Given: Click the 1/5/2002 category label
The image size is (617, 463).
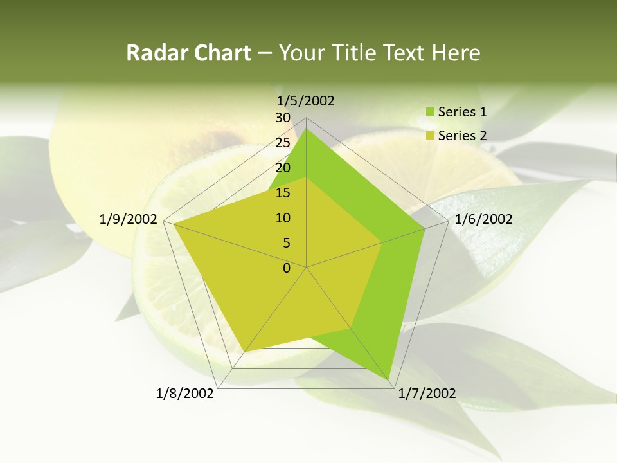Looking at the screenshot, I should tap(306, 101).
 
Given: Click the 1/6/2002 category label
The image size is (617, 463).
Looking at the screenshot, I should tap(483, 219).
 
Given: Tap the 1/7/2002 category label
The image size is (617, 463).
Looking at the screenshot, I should tap(427, 394).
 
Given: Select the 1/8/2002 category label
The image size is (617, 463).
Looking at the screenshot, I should tap(185, 394).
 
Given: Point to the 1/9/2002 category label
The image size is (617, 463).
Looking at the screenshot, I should tap(129, 219).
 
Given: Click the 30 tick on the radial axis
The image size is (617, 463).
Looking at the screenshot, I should tap(283, 118).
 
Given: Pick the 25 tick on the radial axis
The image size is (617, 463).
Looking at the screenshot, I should tap(283, 143).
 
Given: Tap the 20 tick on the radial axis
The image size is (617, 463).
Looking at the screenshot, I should tap(283, 168).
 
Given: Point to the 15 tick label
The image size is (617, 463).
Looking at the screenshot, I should tap(283, 193).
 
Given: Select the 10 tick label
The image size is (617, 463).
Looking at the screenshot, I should tap(283, 218).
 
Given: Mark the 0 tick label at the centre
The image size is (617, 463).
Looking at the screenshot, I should tap(287, 268).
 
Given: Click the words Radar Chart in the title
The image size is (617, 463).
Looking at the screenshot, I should tap(188, 53).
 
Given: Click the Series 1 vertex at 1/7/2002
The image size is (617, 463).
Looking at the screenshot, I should tap(390, 380).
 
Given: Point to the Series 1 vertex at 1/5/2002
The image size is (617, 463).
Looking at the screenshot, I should tap(307, 128).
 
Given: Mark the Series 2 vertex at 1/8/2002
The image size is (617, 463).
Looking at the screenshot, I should tap(245, 351).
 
